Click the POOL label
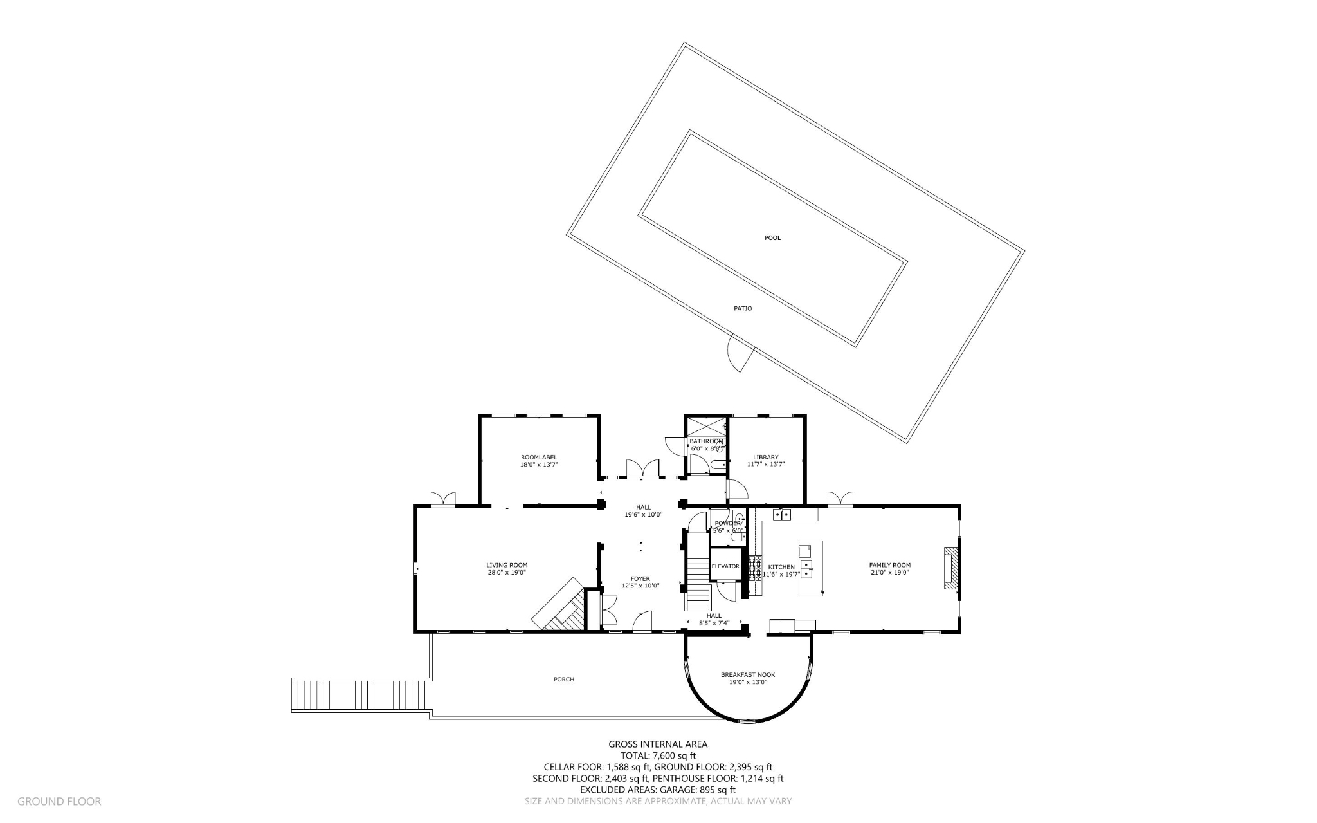pyautogui.click(x=772, y=238)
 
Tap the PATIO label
pyautogui.click(x=743, y=309)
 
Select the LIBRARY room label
pyautogui.click(x=766, y=458)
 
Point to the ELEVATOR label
pyautogui.click(x=725, y=566)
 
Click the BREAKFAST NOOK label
pyautogui.click(x=747, y=675)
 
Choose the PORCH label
pyautogui.click(x=564, y=680)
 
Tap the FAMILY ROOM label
pyautogui.click(x=890, y=565)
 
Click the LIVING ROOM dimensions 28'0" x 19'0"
pyautogui.click(x=507, y=573)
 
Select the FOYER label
pyautogui.click(x=640, y=578)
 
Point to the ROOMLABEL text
pyautogui.click(x=539, y=458)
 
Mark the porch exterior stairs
pyautogui.click(x=359, y=695)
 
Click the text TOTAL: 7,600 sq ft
pyautogui.click(x=658, y=756)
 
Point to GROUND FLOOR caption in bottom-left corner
pyautogui.click(x=59, y=802)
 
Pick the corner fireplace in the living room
pyautogui.click(x=561, y=605)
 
